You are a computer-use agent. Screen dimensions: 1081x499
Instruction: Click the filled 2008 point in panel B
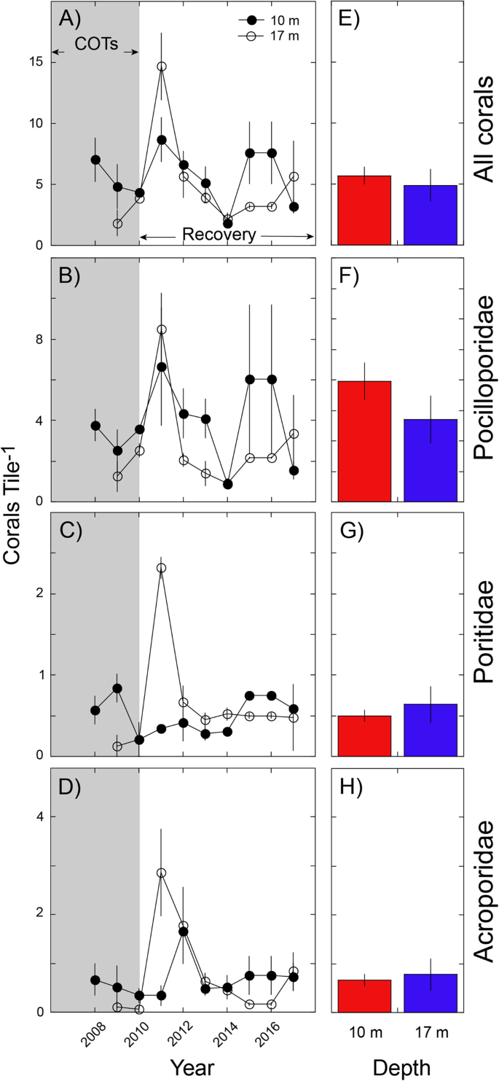point(95,426)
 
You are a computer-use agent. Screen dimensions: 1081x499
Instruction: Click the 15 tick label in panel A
point(32,63)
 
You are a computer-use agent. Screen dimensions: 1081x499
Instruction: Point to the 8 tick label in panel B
point(36,340)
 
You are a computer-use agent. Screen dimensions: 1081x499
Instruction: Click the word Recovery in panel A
point(226,235)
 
